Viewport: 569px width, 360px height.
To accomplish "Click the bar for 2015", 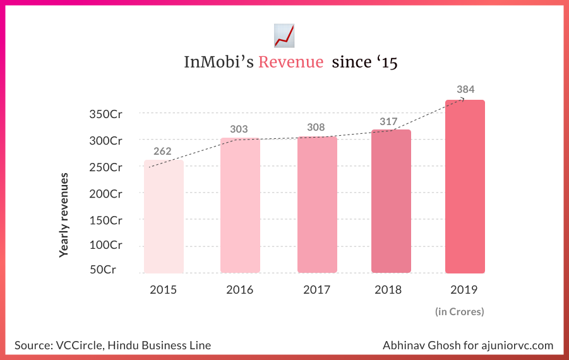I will pos(164,217).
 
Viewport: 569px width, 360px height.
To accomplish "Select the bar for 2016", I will pos(240,205).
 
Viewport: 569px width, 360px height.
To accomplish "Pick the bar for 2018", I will pos(391,201).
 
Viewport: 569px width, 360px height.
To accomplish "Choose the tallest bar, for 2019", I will pos(465,187).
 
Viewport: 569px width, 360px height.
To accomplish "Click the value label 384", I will pos(465,89).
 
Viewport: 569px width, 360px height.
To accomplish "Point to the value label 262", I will pos(162,151).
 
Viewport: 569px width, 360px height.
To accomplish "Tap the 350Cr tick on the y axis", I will pos(105,114).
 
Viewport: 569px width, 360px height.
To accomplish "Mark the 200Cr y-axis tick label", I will pos(105,194).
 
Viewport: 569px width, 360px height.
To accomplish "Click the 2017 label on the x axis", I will pos(316,290).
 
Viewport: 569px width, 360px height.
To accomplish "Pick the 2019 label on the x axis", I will pos(464,290).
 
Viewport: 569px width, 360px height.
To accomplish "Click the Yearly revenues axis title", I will pos(64,214).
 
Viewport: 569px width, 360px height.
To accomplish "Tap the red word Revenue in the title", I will pos(290,63).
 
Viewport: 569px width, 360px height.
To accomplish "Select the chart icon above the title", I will pos(284,35).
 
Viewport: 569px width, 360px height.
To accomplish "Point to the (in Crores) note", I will pos(459,311).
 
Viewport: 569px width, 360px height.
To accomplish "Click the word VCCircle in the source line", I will pos(77,345).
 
